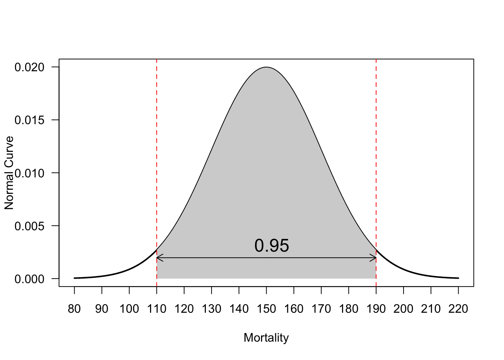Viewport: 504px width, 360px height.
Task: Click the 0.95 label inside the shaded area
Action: point(271,246)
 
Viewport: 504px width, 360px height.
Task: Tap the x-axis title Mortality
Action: point(266,337)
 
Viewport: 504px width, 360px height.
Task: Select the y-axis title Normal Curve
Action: point(9,173)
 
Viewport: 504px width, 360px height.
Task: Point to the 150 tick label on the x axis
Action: point(266,309)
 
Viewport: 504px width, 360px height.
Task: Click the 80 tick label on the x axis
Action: point(74,309)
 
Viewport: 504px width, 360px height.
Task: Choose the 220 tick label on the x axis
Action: point(458,309)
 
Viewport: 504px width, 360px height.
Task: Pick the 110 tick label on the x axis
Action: point(157,309)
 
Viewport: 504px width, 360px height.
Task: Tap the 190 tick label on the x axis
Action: point(376,309)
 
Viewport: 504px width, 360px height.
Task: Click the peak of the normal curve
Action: point(266,67)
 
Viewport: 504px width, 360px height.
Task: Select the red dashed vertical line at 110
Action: point(157,150)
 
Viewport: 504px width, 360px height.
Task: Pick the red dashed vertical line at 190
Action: point(376,150)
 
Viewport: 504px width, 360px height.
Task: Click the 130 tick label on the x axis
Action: point(211,309)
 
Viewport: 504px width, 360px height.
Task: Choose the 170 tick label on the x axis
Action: point(321,309)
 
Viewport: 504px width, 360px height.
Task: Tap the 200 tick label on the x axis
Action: point(403,309)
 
